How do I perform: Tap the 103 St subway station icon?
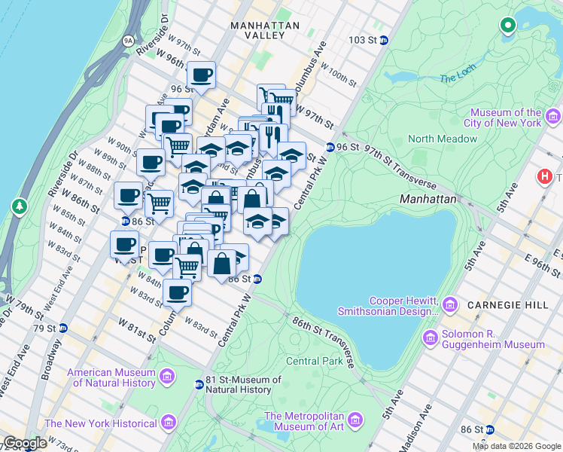coord(384,41)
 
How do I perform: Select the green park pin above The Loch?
coord(507,26)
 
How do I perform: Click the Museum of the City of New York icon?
coord(553,116)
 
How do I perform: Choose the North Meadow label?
coord(443,139)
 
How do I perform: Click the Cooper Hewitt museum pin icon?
coord(450,304)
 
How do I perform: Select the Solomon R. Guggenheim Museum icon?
coord(431,337)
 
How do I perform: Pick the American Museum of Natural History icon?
coord(167,376)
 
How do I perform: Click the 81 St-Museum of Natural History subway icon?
coord(199,384)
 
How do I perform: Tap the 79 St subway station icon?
coord(63,328)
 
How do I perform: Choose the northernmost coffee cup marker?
coord(202,75)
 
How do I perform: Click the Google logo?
coord(25,443)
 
